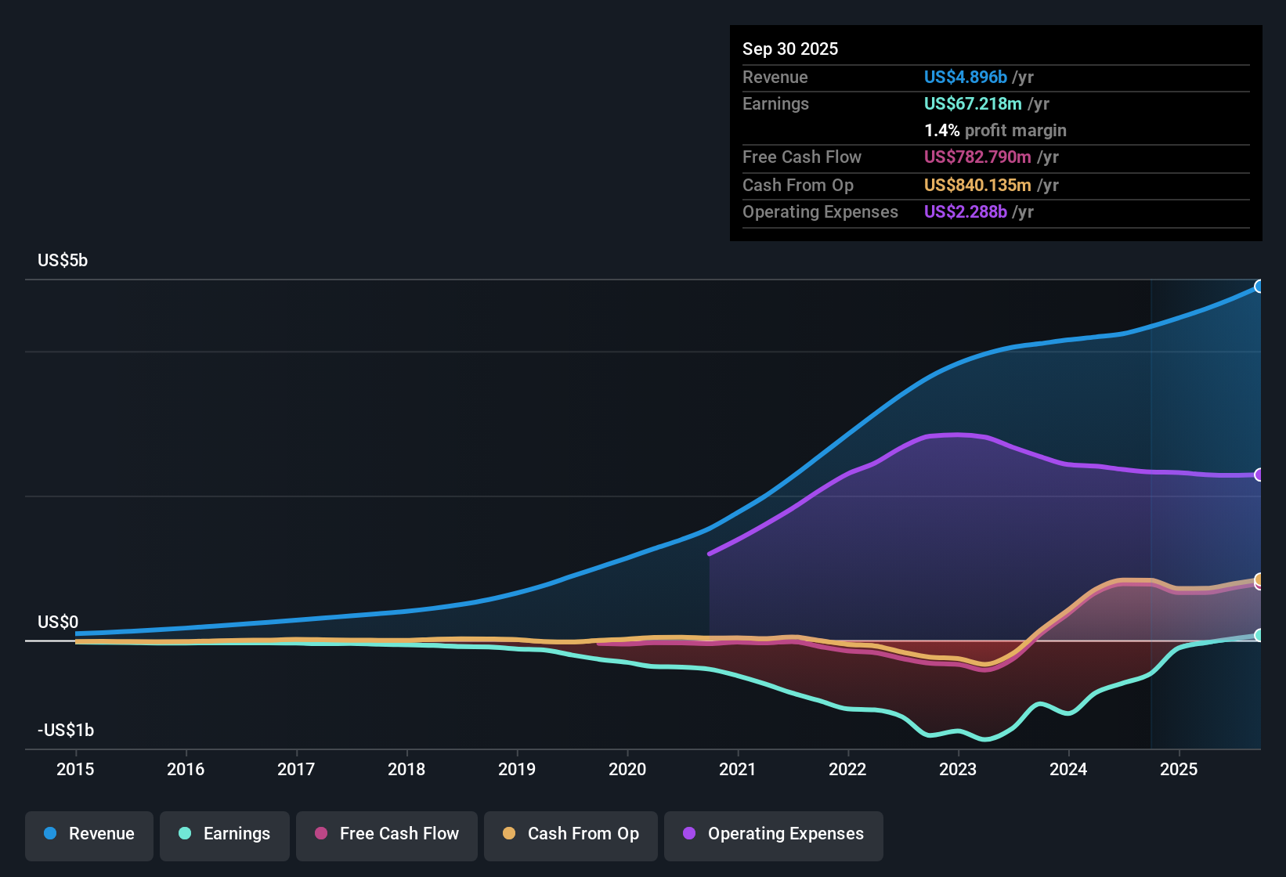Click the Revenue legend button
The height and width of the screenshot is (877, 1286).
click(89, 834)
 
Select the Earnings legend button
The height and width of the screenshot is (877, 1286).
click(225, 834)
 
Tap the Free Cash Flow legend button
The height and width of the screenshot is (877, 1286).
click(387, 834)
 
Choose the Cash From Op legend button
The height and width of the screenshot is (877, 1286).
click(571, 834)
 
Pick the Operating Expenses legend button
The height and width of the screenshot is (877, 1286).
click(774, 834)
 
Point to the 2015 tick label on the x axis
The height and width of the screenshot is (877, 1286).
click(75, 769)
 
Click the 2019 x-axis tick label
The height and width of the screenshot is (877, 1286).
click(517, 769)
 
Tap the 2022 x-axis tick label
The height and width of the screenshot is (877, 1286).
click(847, 769)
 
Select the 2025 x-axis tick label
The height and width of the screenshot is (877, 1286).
click(1179, 769)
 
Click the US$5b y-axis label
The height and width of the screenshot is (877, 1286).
click(63, 260)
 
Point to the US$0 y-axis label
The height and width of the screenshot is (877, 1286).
click(58, 622)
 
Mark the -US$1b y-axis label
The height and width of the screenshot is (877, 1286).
click(66, 730)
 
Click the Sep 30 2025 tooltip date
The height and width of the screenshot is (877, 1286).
click(790, 49)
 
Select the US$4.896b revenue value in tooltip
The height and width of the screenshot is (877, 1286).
click(965, 77)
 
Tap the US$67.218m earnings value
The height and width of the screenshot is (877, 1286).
click(973, 103)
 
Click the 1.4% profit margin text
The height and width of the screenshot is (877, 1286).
click(995, 130)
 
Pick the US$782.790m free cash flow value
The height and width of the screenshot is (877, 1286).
click(977, 157)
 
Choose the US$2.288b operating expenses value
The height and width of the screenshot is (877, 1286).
click(965, 211)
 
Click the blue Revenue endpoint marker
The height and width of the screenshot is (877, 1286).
click(1259, 287)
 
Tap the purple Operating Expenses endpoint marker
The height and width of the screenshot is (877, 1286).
click(1259, 475)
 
